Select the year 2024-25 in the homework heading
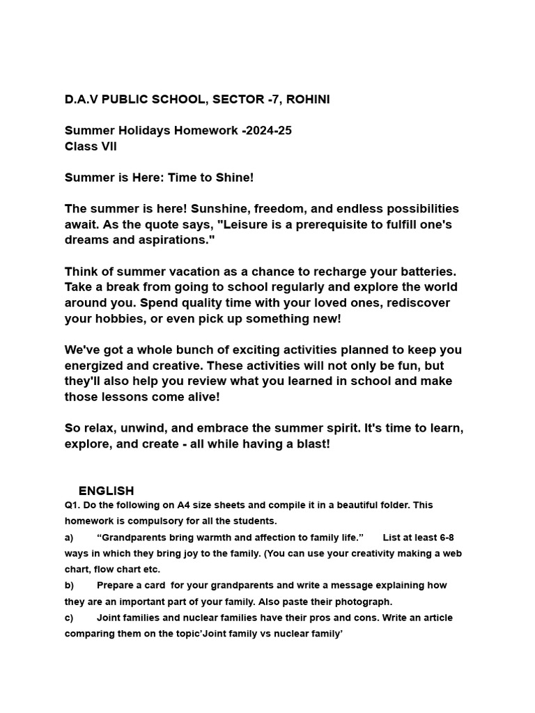point(269,131)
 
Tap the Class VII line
point(91,146)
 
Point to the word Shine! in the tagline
point(235,178)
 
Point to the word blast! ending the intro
point(311,444)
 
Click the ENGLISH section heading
point(106,491)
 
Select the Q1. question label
point(74,505)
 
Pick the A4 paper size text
point(184,505)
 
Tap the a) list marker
point(69,538)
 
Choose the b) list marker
point(69,586)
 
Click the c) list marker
point(69,618)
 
